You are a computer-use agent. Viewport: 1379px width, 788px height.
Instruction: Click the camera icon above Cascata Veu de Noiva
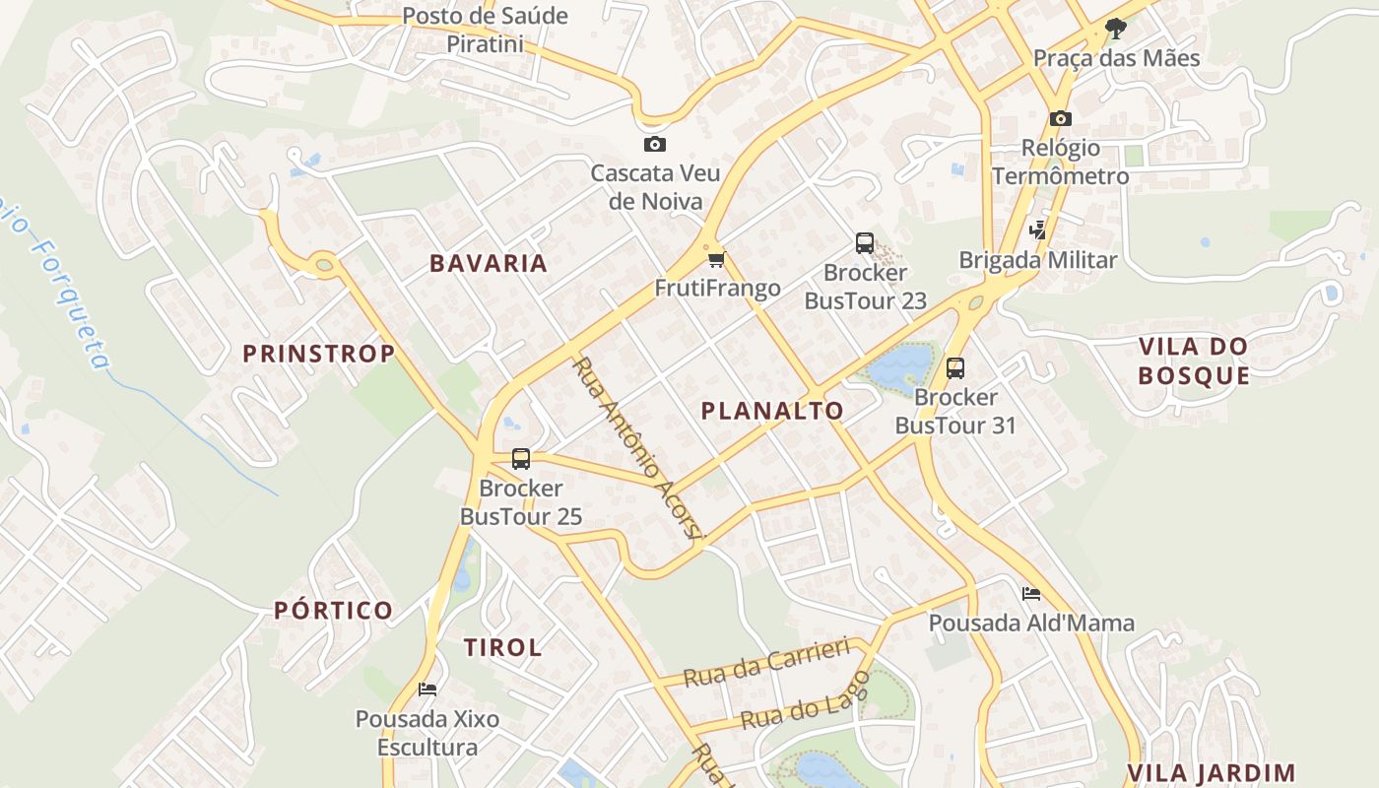[654, 145]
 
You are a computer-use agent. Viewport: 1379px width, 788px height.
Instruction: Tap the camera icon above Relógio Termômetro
[1060, 119]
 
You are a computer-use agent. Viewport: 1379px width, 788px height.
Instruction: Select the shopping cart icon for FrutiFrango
[716, 260]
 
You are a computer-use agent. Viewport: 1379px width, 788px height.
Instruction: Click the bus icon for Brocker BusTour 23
[865, 243]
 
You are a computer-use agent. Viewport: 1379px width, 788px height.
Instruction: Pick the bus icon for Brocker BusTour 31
[954, 368]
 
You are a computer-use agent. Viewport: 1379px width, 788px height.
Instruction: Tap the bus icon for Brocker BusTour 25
[520, 459]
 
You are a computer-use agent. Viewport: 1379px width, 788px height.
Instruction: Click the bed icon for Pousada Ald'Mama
[1031, 594]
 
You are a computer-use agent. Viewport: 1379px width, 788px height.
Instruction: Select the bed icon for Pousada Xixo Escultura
[427, 689]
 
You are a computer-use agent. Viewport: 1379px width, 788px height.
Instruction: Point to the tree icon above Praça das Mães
[1115, 29]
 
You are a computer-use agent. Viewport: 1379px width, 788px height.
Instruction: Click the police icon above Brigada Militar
[1037, 230]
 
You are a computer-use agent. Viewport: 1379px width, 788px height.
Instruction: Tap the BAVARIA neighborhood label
[489, 263]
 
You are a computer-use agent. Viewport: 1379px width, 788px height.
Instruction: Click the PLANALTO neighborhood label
[772, 411]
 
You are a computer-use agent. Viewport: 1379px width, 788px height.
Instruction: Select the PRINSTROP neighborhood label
[319, 353]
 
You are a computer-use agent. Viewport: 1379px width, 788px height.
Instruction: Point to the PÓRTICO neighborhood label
[334, 611]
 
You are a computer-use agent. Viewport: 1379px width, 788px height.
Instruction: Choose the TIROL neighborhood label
[502, 647]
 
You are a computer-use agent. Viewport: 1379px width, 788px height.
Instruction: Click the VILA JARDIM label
[1211, 773]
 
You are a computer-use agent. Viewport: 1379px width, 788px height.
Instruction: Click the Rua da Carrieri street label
[766, 662]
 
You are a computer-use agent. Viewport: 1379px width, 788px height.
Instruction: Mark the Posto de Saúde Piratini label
[486, 30]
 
